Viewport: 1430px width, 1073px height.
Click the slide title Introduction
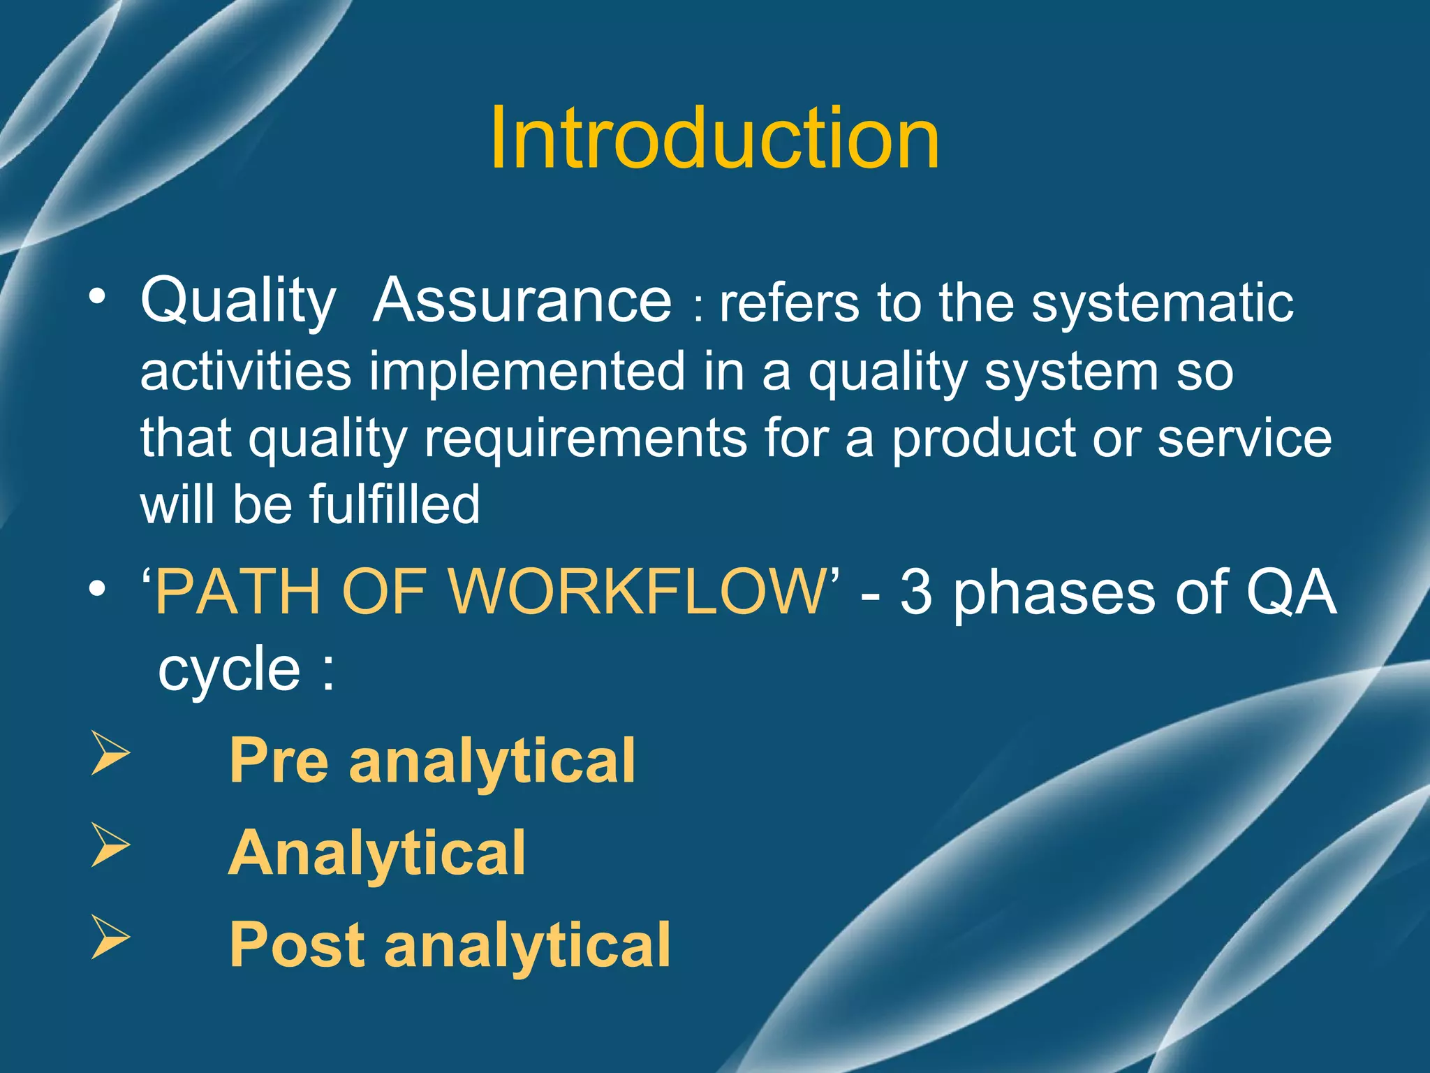click(714, 138)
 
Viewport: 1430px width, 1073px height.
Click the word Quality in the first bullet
click(238, 302)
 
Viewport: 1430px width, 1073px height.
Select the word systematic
click(1163, 305)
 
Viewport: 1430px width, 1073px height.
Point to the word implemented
click(527, 372)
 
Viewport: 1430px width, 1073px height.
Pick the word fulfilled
click(395, 504)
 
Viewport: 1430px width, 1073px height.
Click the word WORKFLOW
click(637, 592)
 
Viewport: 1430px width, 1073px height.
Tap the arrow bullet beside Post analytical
click(110, 938)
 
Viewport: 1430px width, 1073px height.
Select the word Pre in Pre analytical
click(279, 761)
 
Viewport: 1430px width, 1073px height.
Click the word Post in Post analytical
click(296, 944)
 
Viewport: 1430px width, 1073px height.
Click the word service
click(1244, 439)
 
